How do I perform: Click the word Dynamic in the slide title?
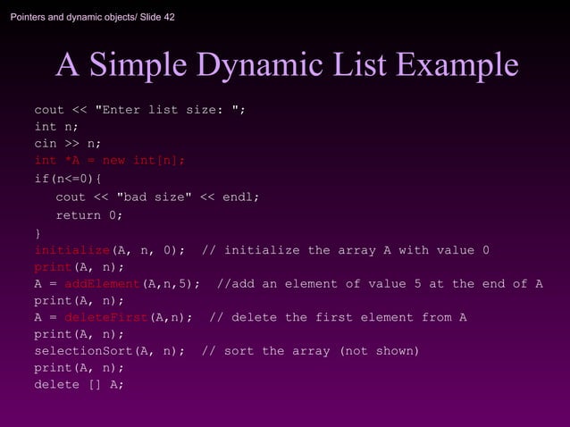click(259, 65)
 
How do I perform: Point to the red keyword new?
click(113, 161)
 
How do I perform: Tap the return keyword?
click(79, 215)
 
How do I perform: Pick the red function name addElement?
click(102, 284)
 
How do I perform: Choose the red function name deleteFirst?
click(105, 317)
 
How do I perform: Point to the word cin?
click(45, 144)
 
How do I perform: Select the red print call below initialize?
click(53, 267)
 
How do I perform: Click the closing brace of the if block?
click(38, 233)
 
